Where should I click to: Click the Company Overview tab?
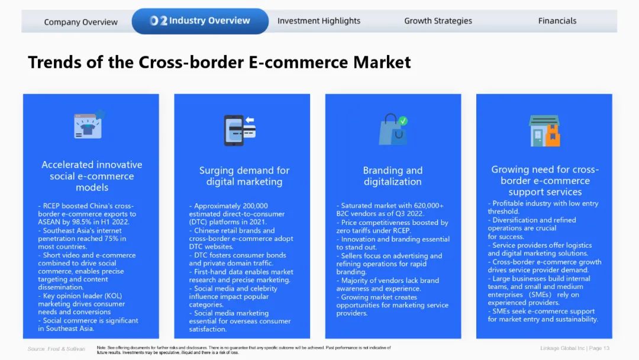[80, 22]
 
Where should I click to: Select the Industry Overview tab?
[200, 21]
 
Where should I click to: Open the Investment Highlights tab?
[319, 21]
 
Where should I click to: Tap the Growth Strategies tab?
[438, 21]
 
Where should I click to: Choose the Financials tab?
[557, 21]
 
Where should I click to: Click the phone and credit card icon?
[240, 130]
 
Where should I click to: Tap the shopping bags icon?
[393, 129]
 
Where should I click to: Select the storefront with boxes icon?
[544, 130]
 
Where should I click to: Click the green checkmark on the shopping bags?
[403, 121]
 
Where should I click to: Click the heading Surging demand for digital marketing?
[244, 176]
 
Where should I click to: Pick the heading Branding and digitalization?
[393, 176]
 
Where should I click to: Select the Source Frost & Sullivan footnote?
[56, 349]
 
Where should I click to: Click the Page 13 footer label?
[599, 348]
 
